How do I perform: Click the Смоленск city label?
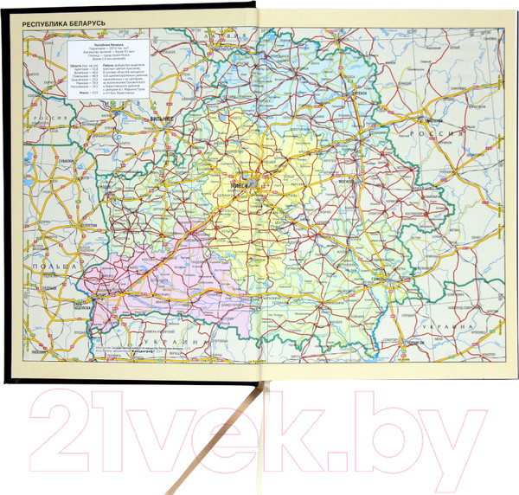coord(430,119)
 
